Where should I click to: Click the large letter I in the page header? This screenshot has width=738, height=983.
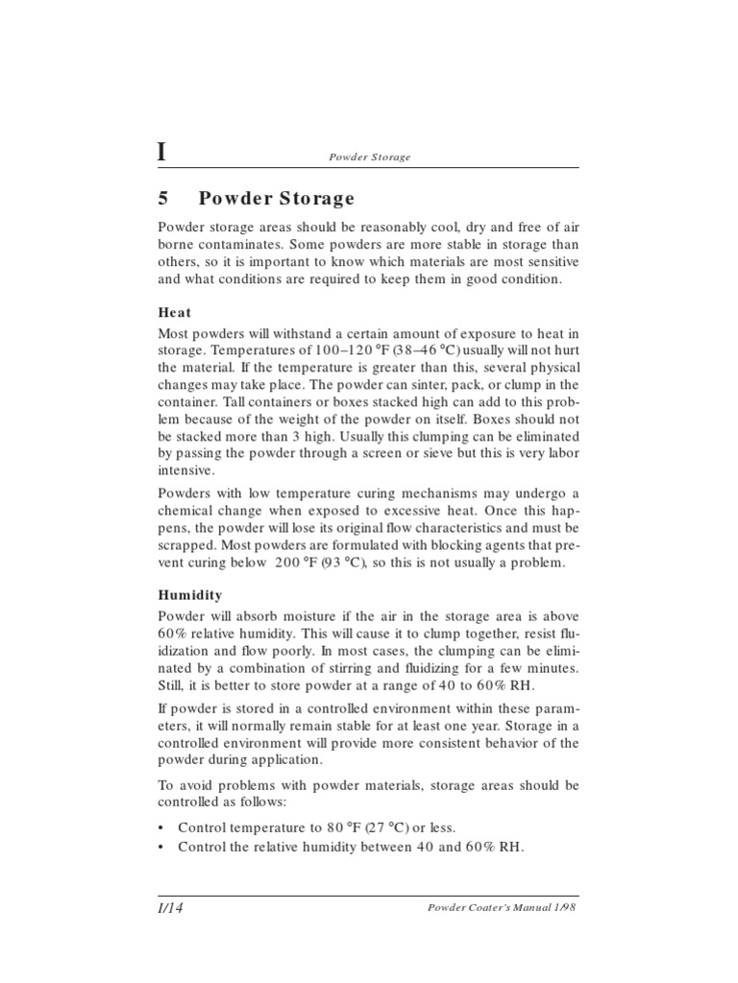point(162,152)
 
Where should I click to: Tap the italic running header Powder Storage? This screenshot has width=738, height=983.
point(369,156)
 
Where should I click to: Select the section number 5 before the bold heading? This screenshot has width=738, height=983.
point(163,199)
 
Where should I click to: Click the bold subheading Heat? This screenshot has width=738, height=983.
point(174,312)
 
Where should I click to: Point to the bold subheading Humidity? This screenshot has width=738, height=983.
point(190,595)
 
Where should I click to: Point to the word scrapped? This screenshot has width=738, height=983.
point(189,545)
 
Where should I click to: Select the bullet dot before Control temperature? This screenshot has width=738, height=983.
point(162,827)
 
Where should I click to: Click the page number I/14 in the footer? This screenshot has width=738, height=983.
point(170,909)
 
